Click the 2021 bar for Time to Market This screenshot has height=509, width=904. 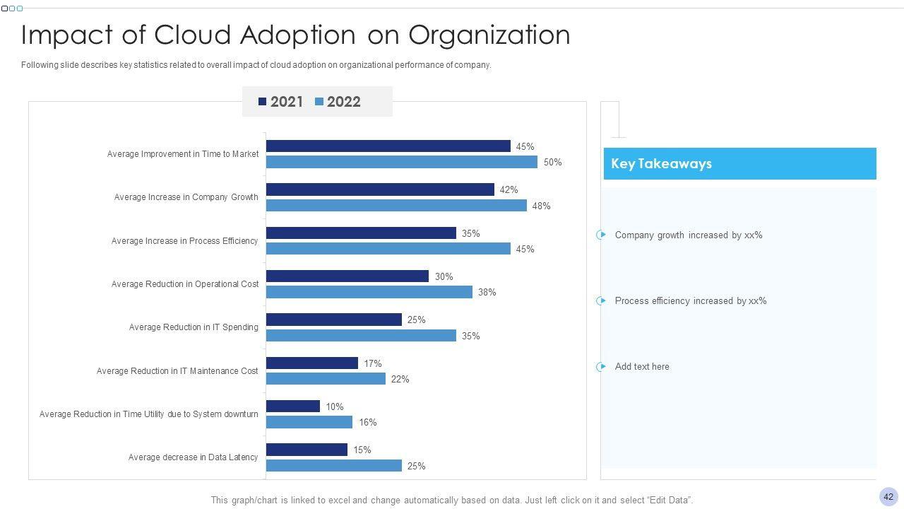click(x=388, y=146)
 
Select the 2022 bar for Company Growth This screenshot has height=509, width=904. click(x=396, y=206)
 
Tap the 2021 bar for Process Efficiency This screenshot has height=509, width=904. click(x=361, y=233)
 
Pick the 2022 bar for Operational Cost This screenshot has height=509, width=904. click(x=369, y=292)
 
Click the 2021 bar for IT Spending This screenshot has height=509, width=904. click(x=333, y=320)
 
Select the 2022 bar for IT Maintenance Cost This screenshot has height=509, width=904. click(x=326, y=379)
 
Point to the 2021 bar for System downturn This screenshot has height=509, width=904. click(x=292, y=406)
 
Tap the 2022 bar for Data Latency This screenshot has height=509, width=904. click(x=333, y=466)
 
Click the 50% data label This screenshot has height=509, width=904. click(x=552, y=163)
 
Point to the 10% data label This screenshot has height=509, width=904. click(x=334, y=406)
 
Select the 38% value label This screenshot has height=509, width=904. click(x=487, y=292)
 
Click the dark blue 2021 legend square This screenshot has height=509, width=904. click(x=263, y=102)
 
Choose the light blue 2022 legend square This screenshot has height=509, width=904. click(x=319, y=102)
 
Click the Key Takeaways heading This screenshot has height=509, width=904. click(x=661, y=163)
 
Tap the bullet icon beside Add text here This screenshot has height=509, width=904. click(x=601, y=366)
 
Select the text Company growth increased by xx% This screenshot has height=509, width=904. click(x=689, y=235)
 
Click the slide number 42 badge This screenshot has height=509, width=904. click(x=888, y=496)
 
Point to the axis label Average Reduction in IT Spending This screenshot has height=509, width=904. click(x=194, y=327)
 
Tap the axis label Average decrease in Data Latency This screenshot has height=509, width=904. click(x=193, y=457)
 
